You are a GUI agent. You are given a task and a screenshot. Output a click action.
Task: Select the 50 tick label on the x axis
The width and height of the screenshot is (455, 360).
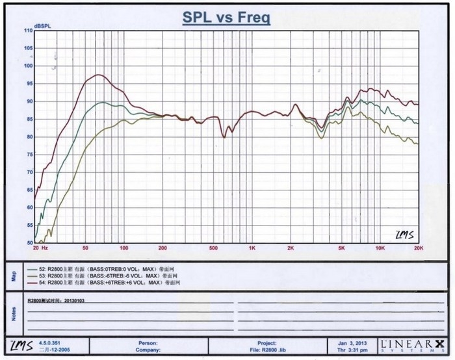(85, 249)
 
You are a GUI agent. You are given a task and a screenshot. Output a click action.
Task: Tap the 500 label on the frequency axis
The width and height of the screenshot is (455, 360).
(213, 249)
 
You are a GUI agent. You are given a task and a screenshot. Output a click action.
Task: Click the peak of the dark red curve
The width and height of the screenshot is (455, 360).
(98, 75)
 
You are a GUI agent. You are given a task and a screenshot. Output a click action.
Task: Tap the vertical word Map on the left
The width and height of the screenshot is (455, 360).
(14, 276)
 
